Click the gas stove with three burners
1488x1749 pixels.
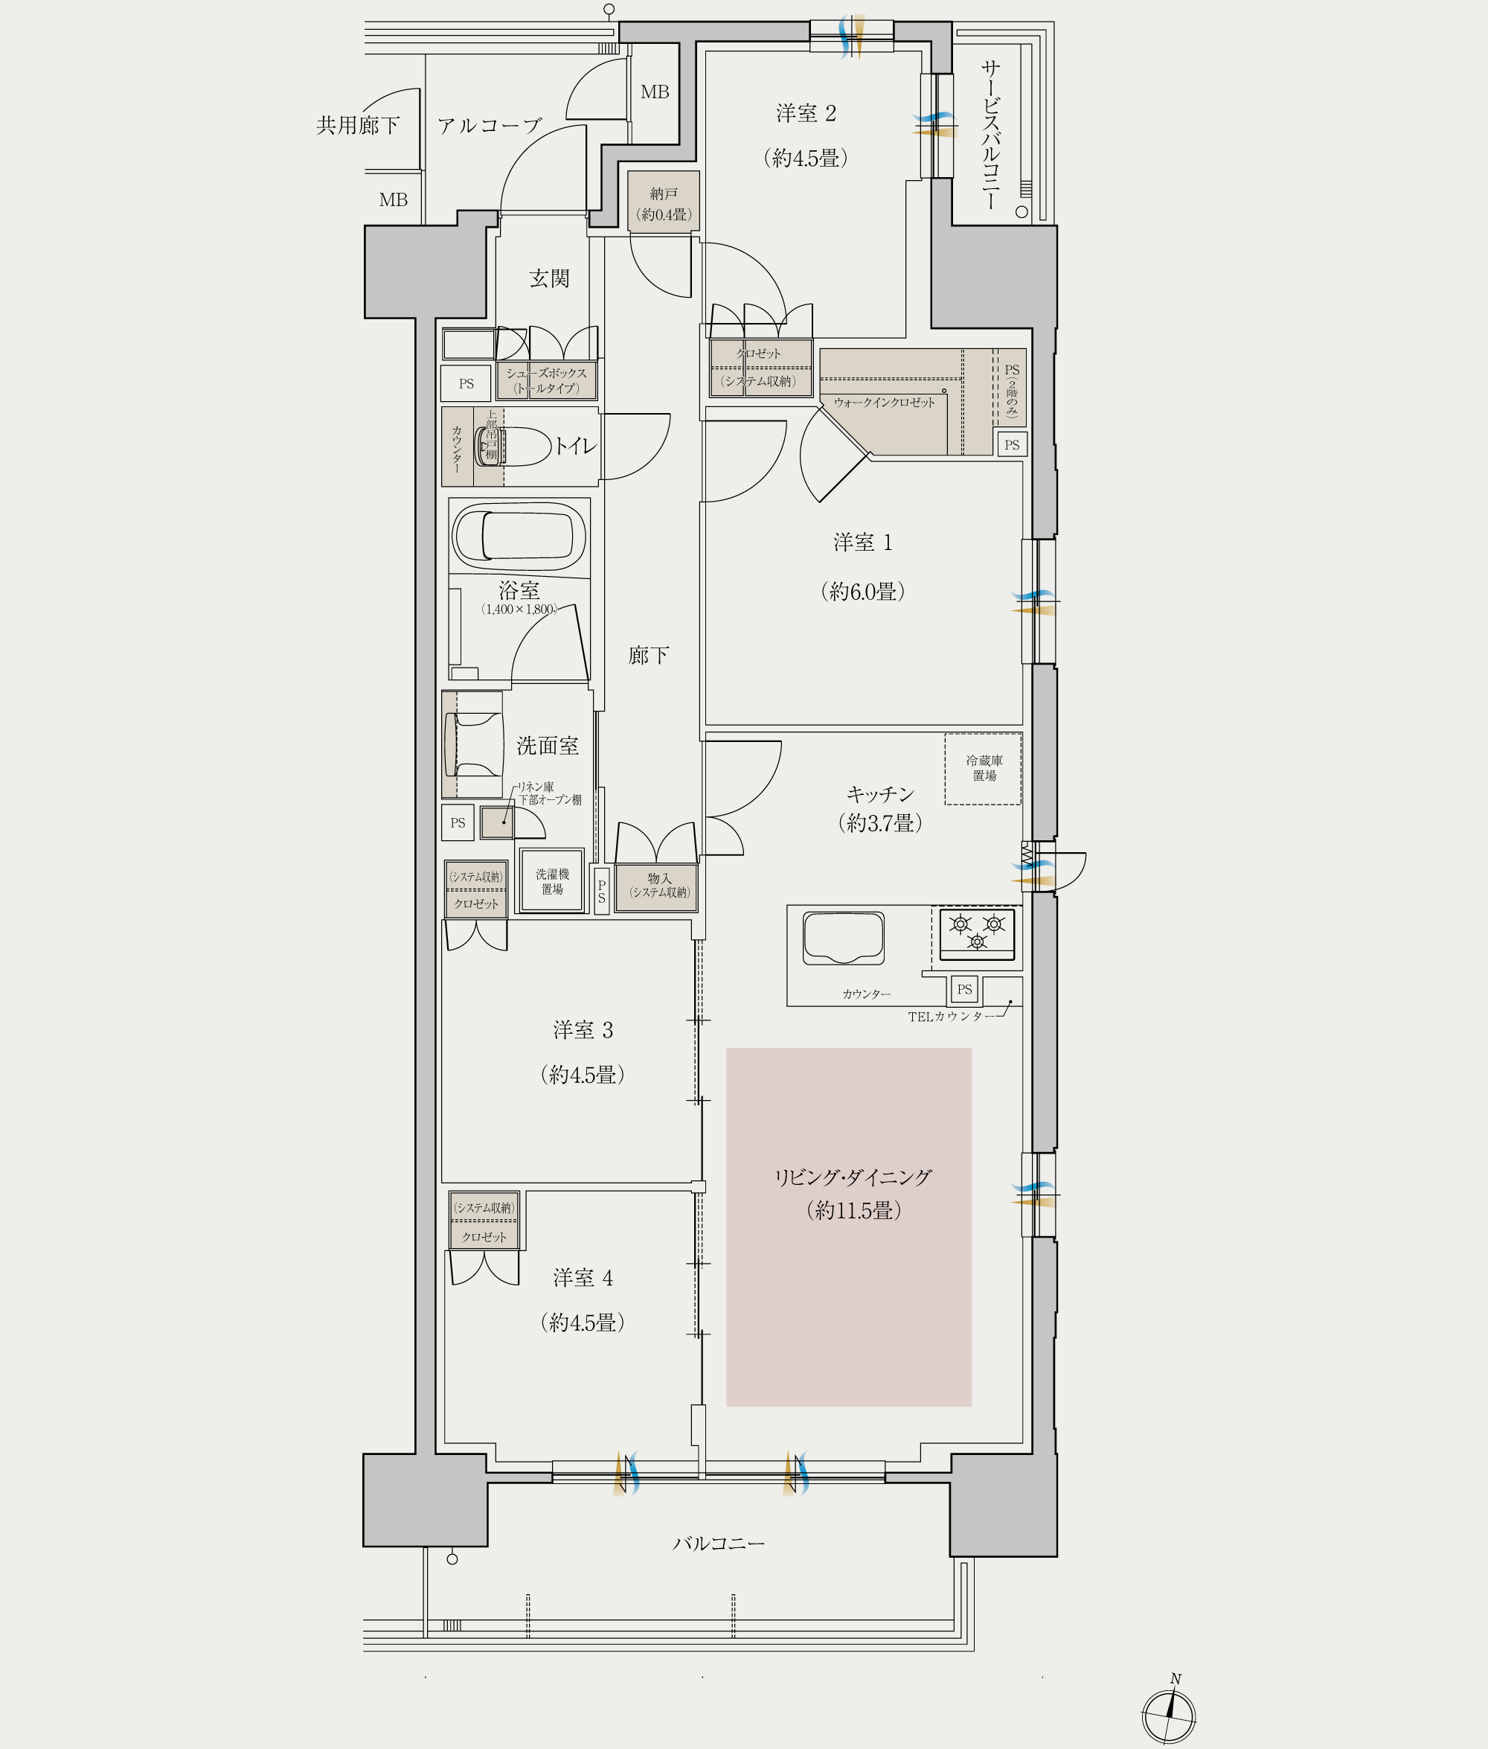[x=977, y=934]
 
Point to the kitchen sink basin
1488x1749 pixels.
[x=844, y=937]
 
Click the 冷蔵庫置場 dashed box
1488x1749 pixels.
[x=983, y=769]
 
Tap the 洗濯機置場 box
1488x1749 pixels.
[x=551, y=881]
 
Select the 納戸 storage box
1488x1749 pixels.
[x=663, y=203]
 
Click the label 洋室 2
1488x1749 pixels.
[x=806, y=113]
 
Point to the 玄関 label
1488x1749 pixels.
[x=549, y=278]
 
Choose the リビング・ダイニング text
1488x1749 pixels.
[x=853, y=1177]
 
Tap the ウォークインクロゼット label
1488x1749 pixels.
[x=884, y=403]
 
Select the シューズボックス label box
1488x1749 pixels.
[x=547, y=380]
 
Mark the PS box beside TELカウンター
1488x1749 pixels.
[x=964, y=989]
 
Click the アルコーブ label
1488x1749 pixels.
[x=490, y=126]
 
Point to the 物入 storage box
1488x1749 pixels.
[x=657, y=886]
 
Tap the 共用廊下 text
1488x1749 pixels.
[x=358, y=126]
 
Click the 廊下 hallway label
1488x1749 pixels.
[x=649, y=656]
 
